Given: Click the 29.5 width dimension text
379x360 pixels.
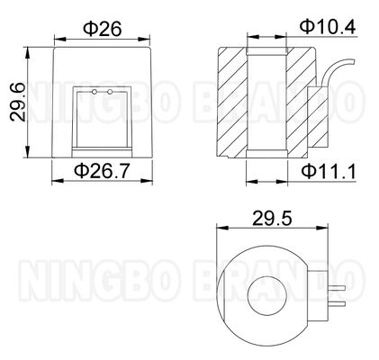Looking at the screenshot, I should (264, 218).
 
